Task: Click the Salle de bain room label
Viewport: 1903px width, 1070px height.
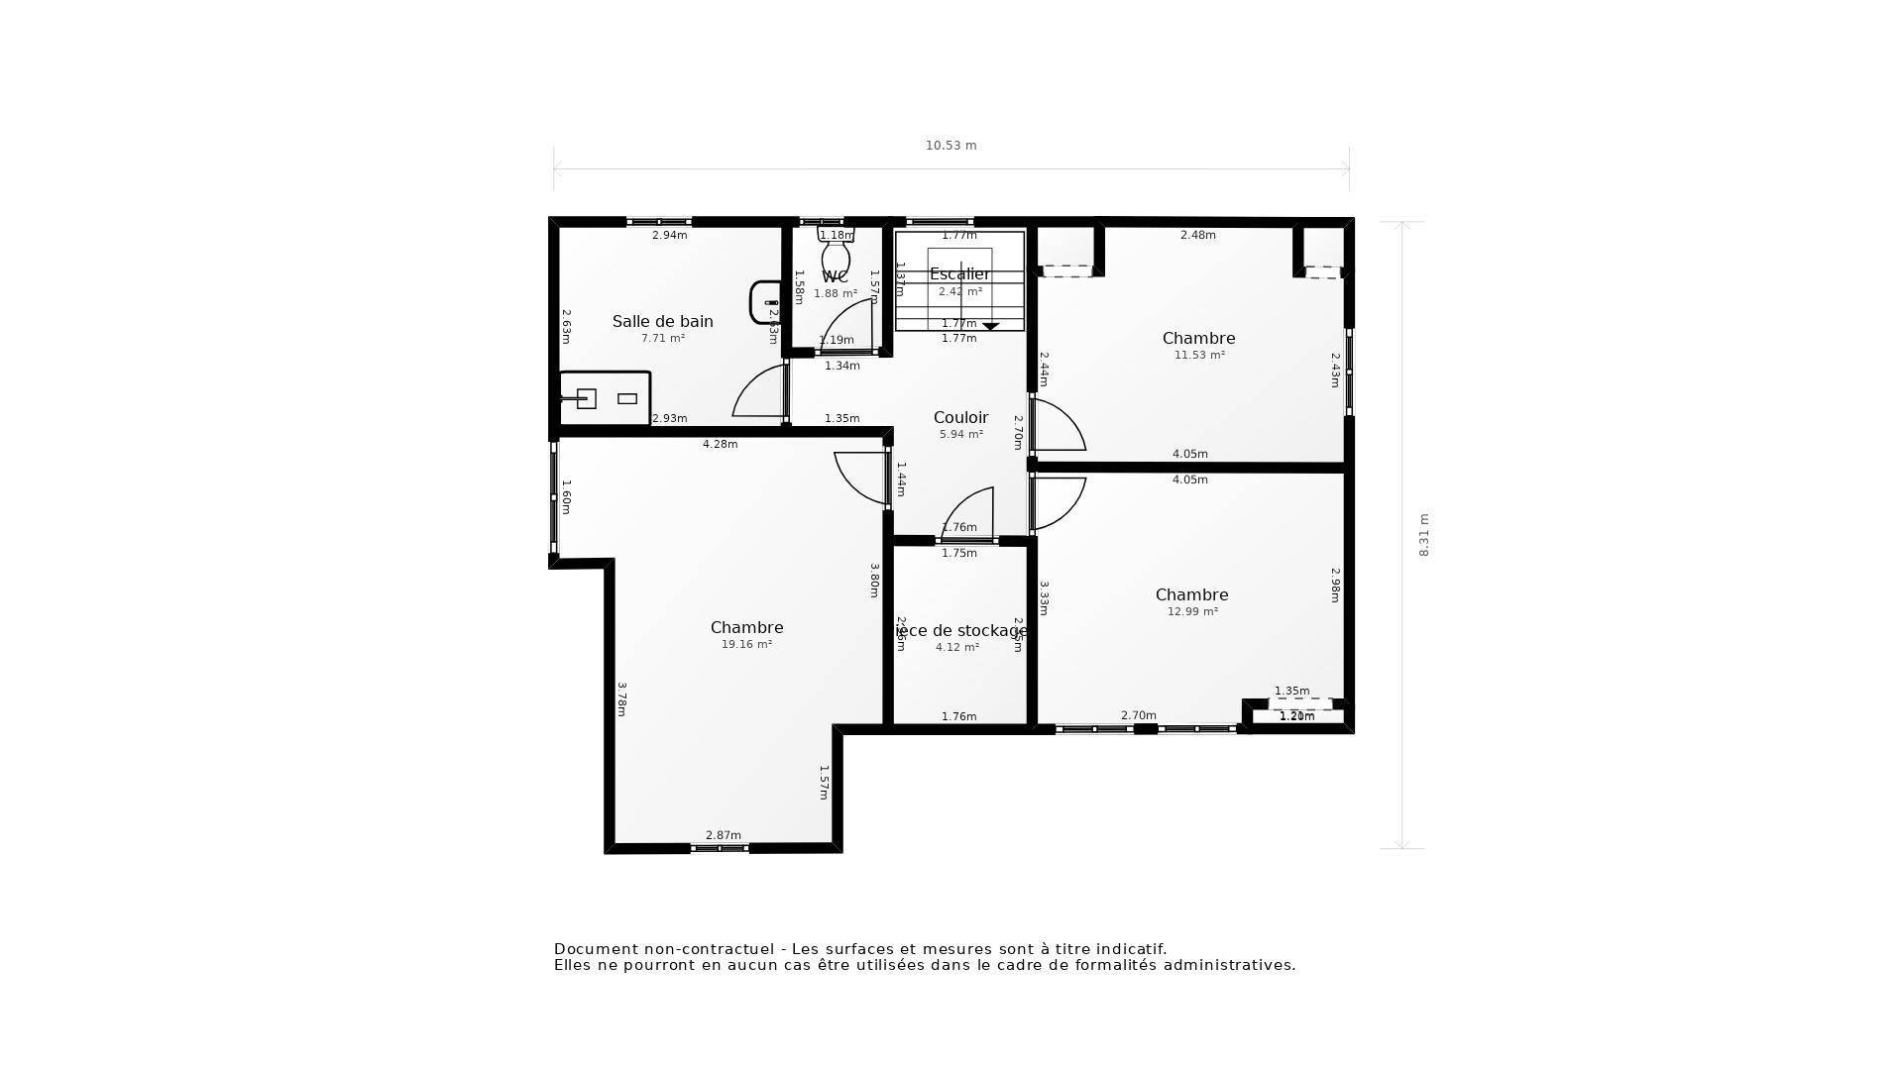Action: [662, 321]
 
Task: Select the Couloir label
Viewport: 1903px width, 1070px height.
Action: [960, 417]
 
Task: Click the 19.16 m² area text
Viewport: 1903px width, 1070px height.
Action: [746, 644]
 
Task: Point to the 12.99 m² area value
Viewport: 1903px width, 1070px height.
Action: [1192, 611]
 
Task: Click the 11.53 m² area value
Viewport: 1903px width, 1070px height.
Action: [1199, 355]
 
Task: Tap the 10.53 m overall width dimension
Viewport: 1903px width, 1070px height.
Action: [951, 146]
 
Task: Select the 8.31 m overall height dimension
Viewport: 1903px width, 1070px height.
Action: [1424, 535]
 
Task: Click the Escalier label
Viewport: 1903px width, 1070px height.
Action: [959, 274]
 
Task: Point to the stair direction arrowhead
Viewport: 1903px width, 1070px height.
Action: [990, 326]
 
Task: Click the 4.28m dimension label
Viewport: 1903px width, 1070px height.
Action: [720, 444]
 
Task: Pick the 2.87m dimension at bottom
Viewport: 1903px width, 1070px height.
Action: [723, 835]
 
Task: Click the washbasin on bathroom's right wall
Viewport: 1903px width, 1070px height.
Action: [765, 302]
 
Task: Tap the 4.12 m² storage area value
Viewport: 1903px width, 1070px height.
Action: [956, 647]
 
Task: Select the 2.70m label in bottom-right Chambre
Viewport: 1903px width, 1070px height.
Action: [1138, 715]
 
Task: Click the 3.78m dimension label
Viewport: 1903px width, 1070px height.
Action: [621, 698]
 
